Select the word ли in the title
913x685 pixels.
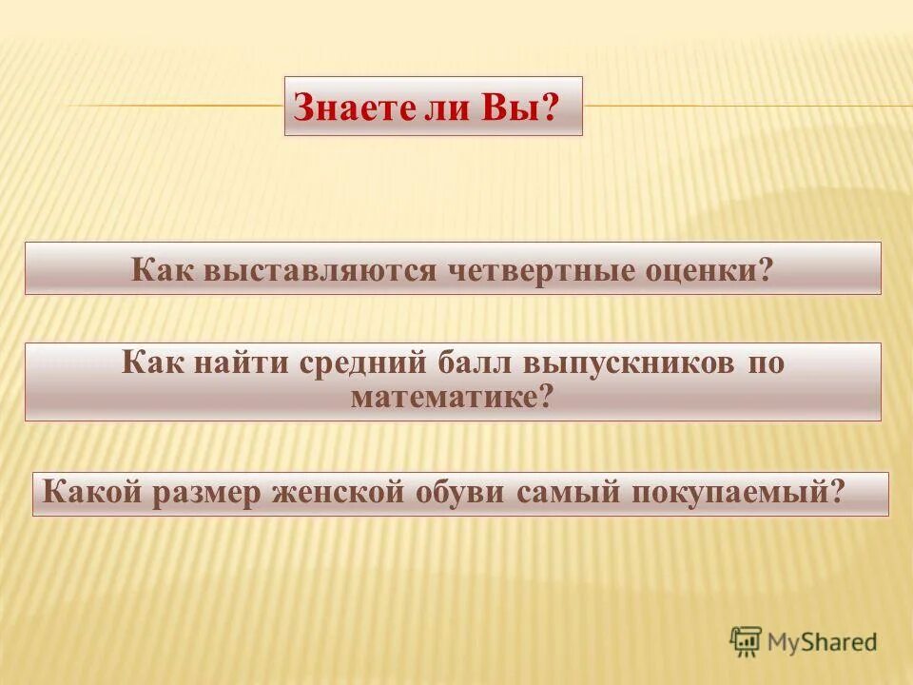pyautogui.click(x=446, y=108)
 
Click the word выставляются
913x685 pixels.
pyautogui.click(x=318, y=269)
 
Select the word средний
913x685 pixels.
pyautogui.click(x=366, y=363)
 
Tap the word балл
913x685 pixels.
pyautogui.click(x=476, y=362)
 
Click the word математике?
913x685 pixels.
pyautogui.click(x=452, y=396)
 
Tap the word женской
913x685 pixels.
pyautogui.click(x=344, y=493)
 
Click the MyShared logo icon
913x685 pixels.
pyautogui.click(x=747, y=641)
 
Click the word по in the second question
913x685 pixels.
pyautogui.click(x=766, y=363)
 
